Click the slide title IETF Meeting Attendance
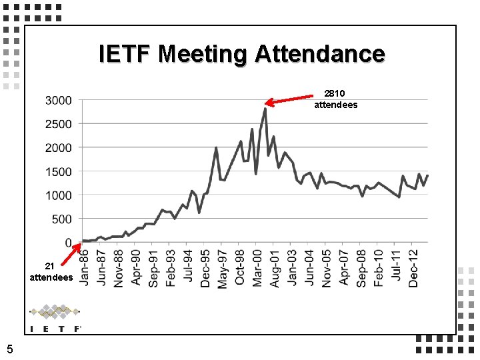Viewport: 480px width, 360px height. pyautogui.click(x=241, y=53)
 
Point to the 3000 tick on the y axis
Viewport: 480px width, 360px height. pyautogui.click(x=59, y=101)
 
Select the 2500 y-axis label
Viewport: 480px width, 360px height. pyautogui.click(x=59, y=124)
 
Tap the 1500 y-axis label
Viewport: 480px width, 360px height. pyautogui.click(x=59, y=171)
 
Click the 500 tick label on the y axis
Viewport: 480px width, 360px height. pyautogui.click(x=63, y=219)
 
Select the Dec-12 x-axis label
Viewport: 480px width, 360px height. pyautogui.click(x=413, y=268)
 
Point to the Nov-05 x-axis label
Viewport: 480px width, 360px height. pyautogui.click(x=327, y=268)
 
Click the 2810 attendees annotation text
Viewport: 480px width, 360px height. pyautogui.click(x=335, y=99)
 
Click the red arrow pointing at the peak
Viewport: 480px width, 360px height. pyautogui.click(x=290, y=99)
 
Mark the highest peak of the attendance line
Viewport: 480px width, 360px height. pyautogui.click(x=265, y=109)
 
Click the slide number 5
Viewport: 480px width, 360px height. pyautogui.click(x=9, y=347)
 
